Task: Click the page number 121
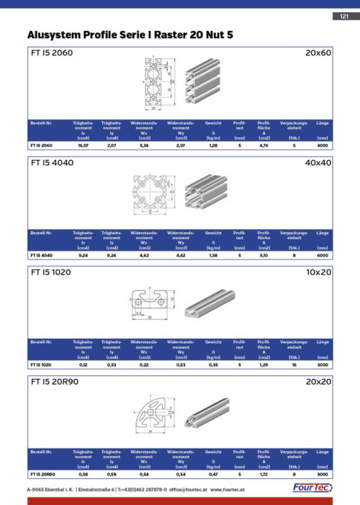(x=341, y=17)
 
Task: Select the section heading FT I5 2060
(x=51, y=53)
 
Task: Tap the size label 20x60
(x=318, y=53)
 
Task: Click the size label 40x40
(x=318, y=163)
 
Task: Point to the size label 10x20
(x=318, y=274)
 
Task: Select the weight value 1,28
(x=213, y=146)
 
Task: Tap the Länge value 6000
(x=322, y=255)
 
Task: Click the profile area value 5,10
(x=264, y=255)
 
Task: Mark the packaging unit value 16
(x=294, y=365)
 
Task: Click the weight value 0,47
(x=213, y=475)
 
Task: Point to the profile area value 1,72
(x=264, y=475)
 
